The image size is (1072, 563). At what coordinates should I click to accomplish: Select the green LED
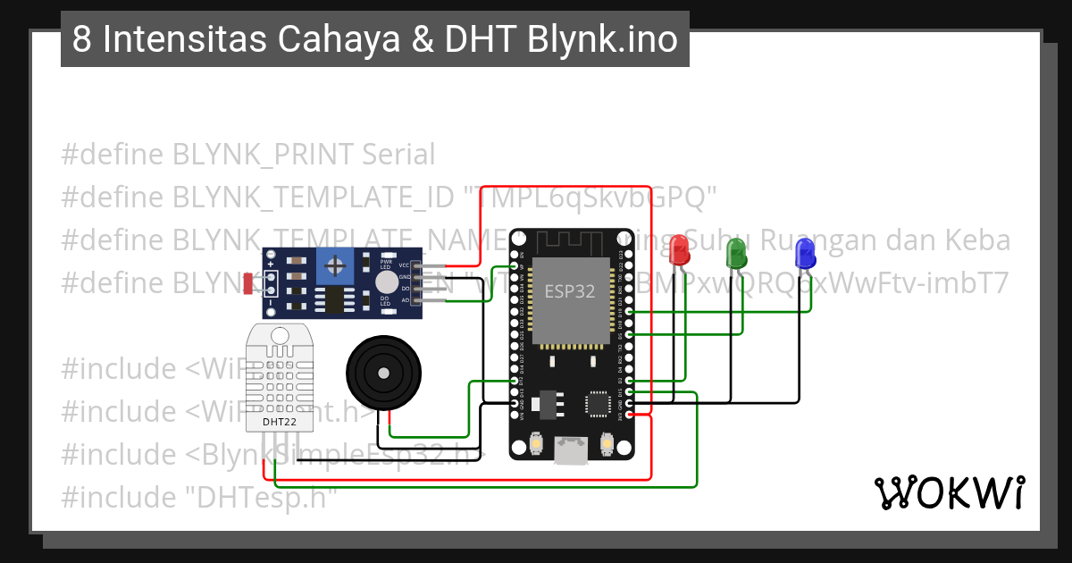[x=737, y=253]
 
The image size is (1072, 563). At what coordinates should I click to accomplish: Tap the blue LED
[x=804, y=253]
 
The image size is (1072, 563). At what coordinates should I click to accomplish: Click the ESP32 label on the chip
[x=570, y=291]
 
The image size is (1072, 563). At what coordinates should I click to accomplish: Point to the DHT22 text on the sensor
[x=281, y=421]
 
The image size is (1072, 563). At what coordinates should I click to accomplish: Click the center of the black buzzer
[x=381, y=373]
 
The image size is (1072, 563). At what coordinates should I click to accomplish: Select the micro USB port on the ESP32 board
[x=569, y=450]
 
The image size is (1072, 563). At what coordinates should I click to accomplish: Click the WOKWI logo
[x=949, y=493]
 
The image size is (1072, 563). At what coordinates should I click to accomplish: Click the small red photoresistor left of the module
[x=247, y=284]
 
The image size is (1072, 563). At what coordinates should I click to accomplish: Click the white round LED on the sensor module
[x=386, y=282]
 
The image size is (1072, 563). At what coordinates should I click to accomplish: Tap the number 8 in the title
[x=81, y=40]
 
